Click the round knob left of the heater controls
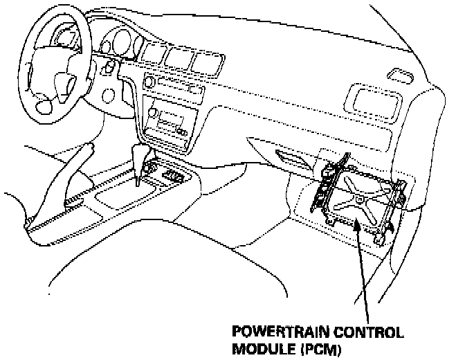147,82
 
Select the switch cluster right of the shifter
172,177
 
